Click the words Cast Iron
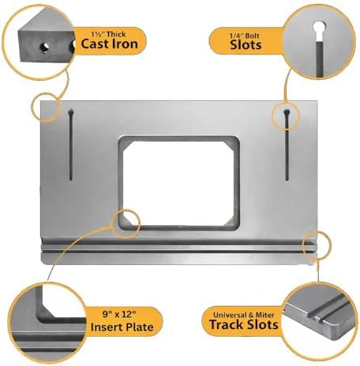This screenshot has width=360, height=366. [x=109, y=44]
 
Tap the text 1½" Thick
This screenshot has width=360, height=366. [x=108, y=34]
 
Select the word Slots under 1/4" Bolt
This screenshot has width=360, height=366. [x=246, y=45]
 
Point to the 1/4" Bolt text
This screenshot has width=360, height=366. [x=245, y=36]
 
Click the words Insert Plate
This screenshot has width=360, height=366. [x=122, y=327]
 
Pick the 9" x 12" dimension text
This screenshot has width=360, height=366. [x=119, y=314]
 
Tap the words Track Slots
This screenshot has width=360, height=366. [x=244, y=324]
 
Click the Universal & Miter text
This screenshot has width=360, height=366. [x=244, y=315]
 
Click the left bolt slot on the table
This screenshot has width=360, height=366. [x=71, y=145]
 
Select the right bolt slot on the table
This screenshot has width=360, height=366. [x=287, y=145]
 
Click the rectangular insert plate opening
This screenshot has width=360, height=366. [x=179, y=183]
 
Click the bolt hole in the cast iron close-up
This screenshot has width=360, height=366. [x=45, y=47]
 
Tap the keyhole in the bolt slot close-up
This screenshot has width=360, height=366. [x=319, y=27]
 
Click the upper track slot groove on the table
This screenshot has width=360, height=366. [x=179, y=242]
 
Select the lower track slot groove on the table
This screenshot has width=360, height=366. [x=179, y=251]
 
